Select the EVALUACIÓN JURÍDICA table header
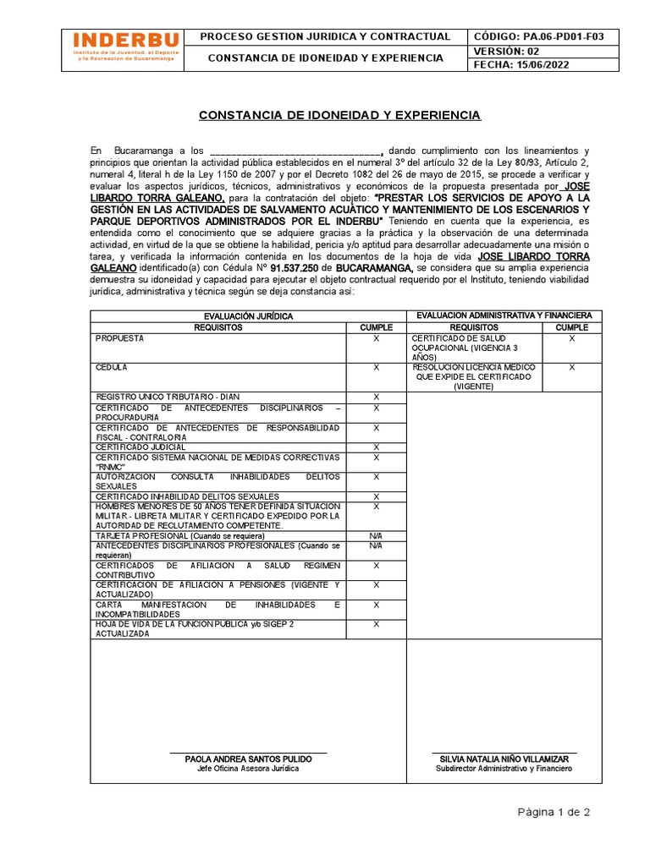click(x=248, y=315)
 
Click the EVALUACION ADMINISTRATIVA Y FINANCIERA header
click(x=504, y=315)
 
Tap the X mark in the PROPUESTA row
click(x=376, y=338)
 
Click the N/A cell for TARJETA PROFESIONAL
click(x=376, y=536)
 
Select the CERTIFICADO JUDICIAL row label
click(x=140, y=447)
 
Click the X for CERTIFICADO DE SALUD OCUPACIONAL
click(x=571, y=338)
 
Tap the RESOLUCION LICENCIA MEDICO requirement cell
click(x=473, y=377)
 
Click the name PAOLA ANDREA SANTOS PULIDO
click(x=248, y=759)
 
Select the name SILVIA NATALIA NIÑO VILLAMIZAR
click(x=504, y=759)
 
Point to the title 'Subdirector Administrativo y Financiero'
click(x=504, y=769)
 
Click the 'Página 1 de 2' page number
click(x=554, y=812)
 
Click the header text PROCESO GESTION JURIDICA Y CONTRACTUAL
click(x=325, y=36)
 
